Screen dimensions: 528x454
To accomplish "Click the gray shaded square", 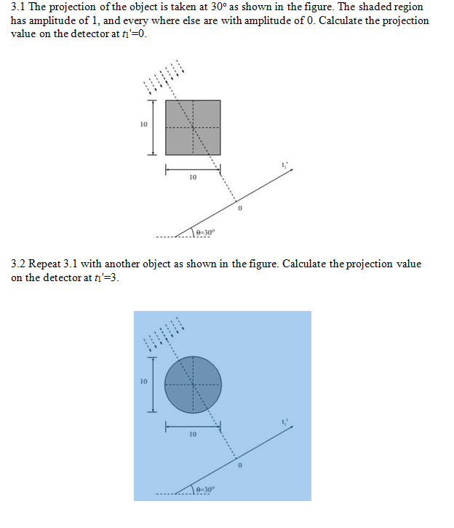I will point(193,127).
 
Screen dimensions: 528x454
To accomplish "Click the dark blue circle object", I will point(193,384).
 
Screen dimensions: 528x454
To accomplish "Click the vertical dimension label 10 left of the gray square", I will point(144,125).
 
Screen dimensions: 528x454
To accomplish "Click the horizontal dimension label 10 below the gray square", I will point(193,177).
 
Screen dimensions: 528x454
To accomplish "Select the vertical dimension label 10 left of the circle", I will point(144,381).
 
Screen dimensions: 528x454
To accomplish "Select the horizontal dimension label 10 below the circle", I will point(193,434).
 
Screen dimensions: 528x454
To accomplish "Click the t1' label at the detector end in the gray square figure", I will point(285,164).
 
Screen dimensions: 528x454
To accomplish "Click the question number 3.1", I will point(19,7).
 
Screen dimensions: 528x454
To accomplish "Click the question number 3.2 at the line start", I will point(19,264).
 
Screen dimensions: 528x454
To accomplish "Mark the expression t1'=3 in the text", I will point(102,277).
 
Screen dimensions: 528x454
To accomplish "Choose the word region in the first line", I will point(408,7).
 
